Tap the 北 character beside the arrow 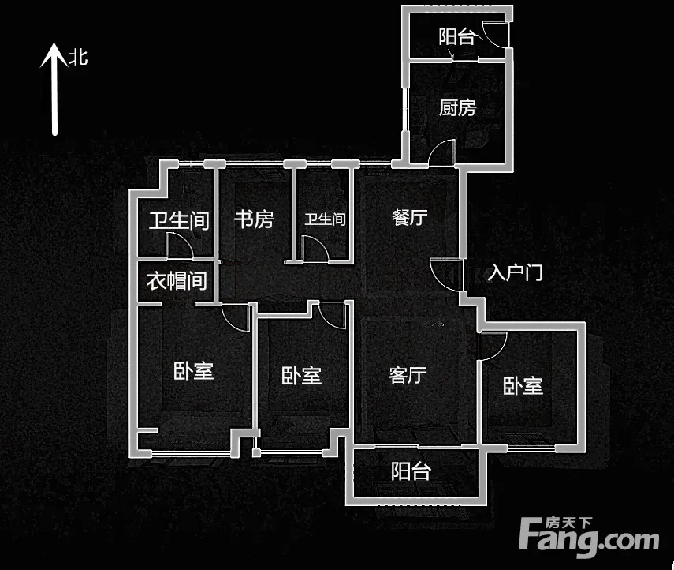tap(79, 58)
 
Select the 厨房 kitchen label tap(458, 107)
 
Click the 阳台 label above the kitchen tap(456, 36)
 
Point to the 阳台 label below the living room tap(411, 471)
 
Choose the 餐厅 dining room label tap(410, 217)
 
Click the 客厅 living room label tap(408, 375)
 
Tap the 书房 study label tap(254, 219)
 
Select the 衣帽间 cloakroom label tap(177, 281)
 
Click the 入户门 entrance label tap(515, 272)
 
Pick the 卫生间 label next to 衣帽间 tap(179, 221)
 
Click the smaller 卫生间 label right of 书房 tap(325, 219)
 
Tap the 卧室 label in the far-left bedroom tap(193, 371)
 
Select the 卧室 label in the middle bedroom tap(301, 376)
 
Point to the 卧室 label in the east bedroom tap(523, 386)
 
